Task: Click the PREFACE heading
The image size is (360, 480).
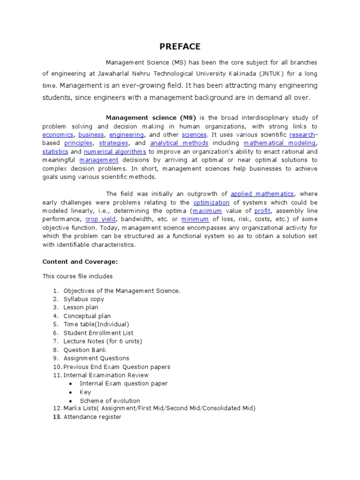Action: (180, 46)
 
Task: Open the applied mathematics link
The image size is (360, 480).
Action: (262, 194)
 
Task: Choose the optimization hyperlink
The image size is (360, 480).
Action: (211, 202)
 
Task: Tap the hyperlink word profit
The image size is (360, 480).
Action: (262, 211)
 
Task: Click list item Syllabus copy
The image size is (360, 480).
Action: (84, 299)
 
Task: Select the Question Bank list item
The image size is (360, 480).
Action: (85, 350)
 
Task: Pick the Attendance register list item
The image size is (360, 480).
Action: (92, 417)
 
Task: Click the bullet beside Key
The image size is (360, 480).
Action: (70, 392)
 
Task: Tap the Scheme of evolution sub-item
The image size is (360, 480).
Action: (110, 401)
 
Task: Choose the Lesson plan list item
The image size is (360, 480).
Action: (81, 307)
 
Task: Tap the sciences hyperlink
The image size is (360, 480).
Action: (194, 135)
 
